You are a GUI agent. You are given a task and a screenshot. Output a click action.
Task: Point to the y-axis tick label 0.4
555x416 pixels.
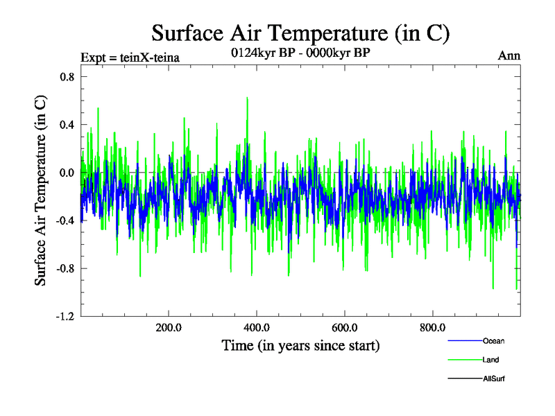[67, 125]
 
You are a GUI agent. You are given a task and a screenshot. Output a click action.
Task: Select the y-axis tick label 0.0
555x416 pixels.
[67, 173]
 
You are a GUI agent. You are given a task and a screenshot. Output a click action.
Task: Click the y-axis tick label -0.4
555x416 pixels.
[65, 220]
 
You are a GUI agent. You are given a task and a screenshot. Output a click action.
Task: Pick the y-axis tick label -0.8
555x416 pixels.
[65, 268]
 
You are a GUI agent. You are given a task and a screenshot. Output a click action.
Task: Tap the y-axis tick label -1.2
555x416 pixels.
[65, 316]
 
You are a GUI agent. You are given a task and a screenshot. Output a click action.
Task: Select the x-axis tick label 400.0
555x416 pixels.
[257, 328]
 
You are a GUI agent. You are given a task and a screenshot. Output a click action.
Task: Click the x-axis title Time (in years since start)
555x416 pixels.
[300, 345]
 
